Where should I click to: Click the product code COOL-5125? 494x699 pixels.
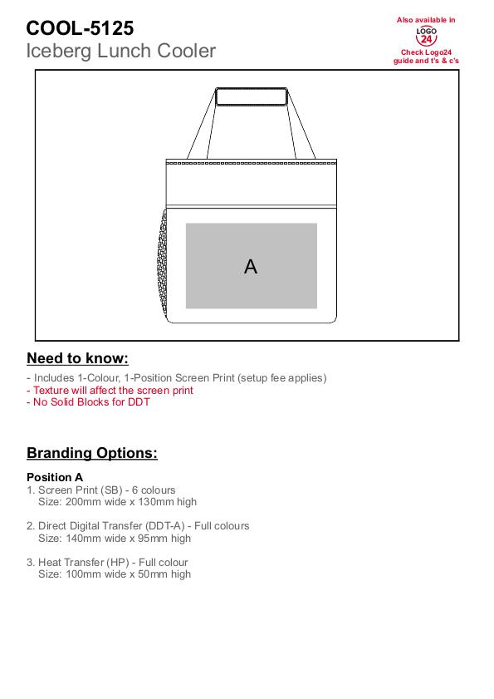(80, 28)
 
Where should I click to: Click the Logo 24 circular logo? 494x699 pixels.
(426, 36)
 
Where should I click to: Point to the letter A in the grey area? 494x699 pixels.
(251, 267)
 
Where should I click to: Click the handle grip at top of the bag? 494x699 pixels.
(252, 96)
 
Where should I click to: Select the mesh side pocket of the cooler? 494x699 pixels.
(163, 264)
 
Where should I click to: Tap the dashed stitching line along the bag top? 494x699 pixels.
(252, 163)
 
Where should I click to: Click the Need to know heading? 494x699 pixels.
(77, 358)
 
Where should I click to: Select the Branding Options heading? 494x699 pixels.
(92, 453)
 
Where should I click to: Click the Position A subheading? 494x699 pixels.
(55, 477)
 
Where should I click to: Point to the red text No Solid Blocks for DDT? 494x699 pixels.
(88, 402)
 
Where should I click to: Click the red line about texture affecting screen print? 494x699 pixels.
(110, 391)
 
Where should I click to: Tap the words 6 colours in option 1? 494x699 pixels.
(154, 490)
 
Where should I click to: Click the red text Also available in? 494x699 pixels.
(426, 20)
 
